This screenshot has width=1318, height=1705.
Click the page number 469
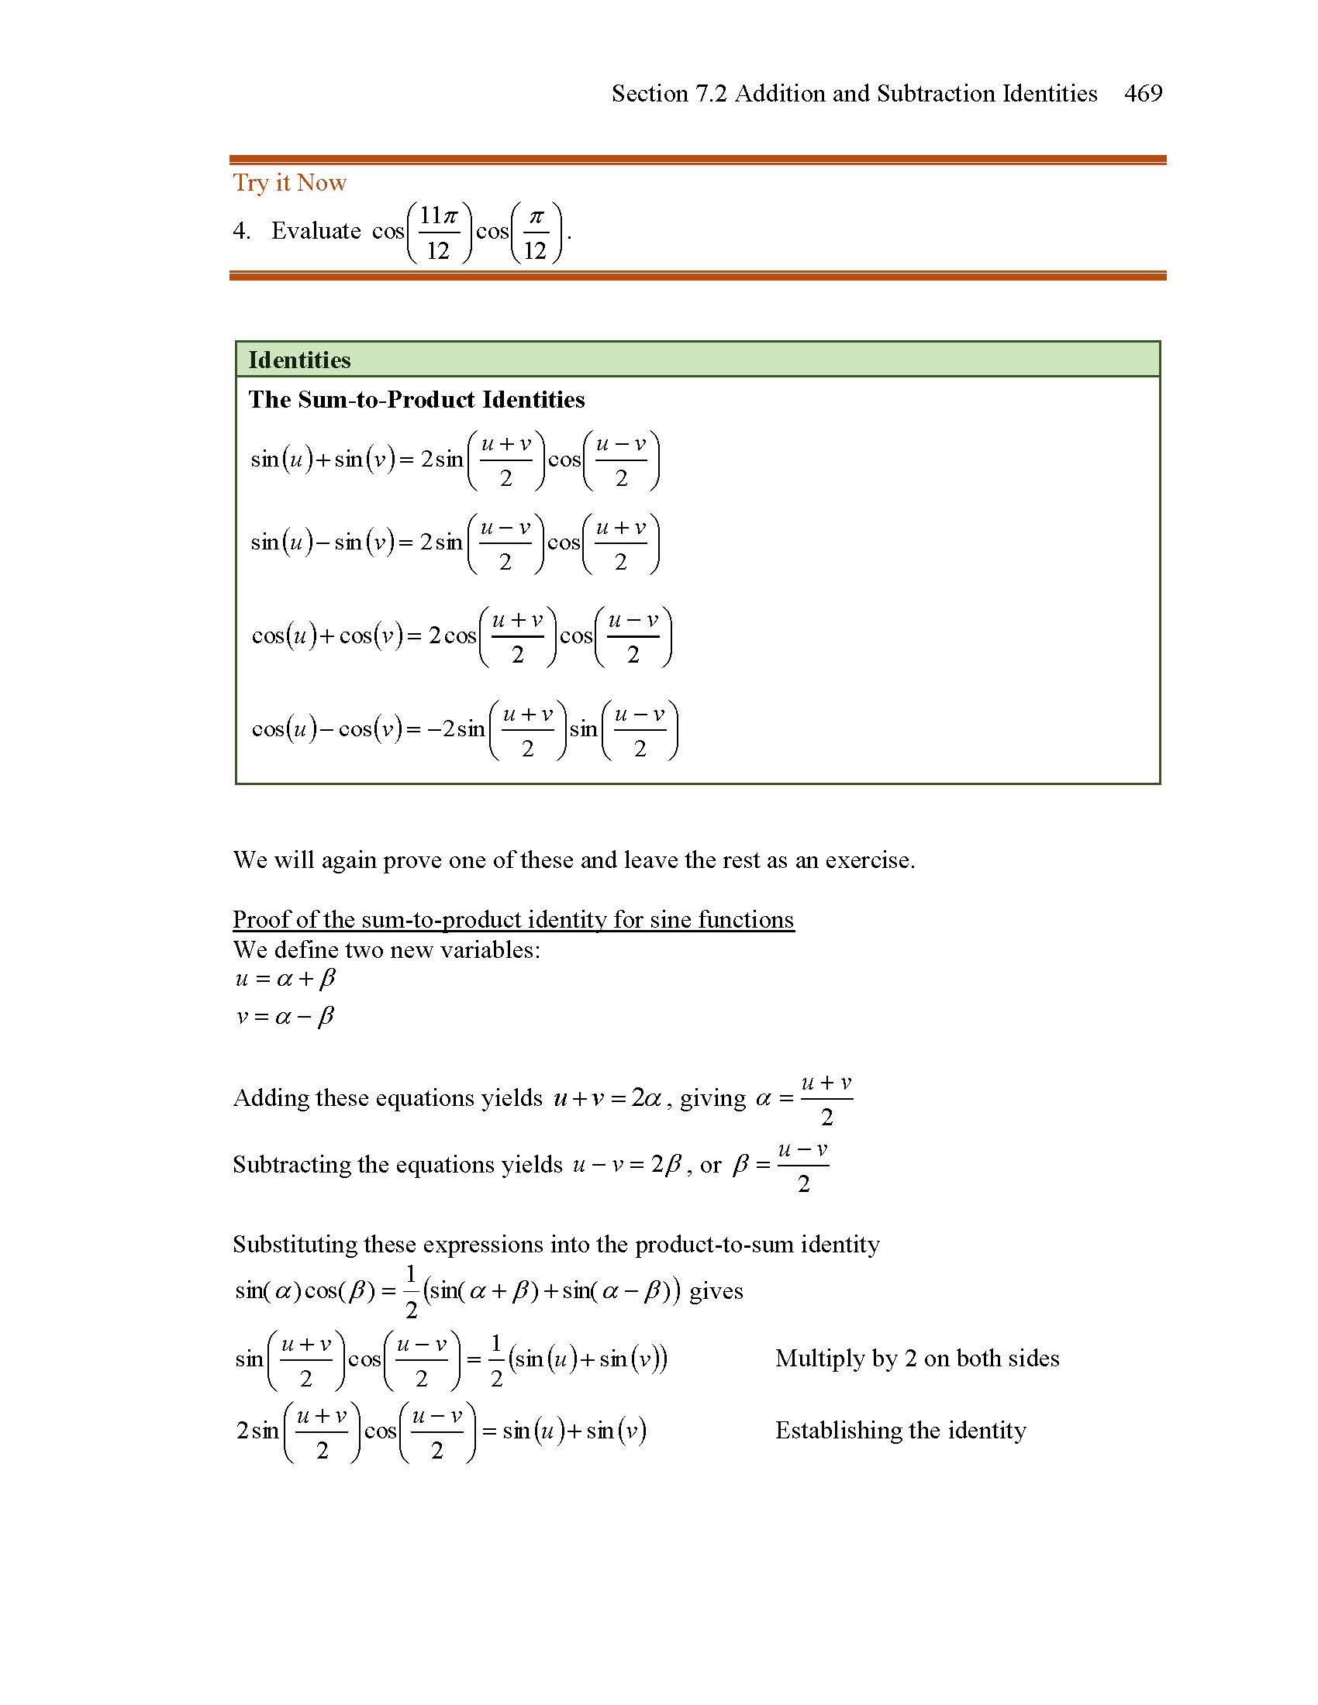[x=1143, y=94]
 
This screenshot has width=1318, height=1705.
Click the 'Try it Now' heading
[x=290, y=183]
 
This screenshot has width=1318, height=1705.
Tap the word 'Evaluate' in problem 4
[x=316, y=231]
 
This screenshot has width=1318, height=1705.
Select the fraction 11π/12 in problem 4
[x=438, y=232]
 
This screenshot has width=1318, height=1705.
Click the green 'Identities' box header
[x=697, y=360]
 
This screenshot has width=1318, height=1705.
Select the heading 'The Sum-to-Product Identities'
[x=416, y=400]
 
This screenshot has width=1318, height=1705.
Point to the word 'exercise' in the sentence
[x=868, y=860]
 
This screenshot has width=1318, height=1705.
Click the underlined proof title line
[x=513, y=920]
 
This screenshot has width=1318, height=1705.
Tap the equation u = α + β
[x=285, y=979]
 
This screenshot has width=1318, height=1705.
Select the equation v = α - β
[x=285, y=1017]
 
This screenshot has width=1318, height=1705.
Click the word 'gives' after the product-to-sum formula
[x=716, y=1291]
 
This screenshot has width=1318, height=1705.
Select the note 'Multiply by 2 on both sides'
[x=916, y=1359]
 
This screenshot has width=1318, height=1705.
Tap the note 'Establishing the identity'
[x=900, y=1431]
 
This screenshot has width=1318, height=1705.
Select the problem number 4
[x=241, y=231]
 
